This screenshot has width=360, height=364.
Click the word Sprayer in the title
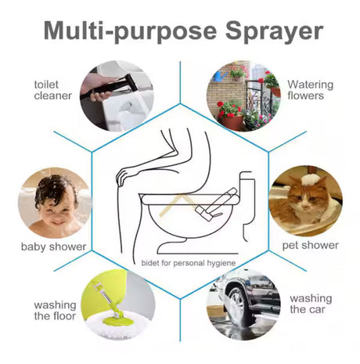(275, 32)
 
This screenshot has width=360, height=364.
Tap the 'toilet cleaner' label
(52, 90)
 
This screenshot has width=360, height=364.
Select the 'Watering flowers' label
(310, 90)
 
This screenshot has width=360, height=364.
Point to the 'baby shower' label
(53, 247)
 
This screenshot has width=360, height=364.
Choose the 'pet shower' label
(311, 245)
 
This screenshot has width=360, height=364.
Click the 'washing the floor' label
(55, 310)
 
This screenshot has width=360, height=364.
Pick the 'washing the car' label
(311, 304)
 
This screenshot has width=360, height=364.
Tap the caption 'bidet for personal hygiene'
(189, 263)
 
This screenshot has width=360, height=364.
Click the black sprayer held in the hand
(110, 86)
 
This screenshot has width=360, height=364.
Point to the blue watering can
(219, 76)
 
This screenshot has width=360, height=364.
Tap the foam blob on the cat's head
(310, 180)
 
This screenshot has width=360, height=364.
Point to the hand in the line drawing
(123, 178)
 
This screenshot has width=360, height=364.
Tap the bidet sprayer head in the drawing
(205, 212)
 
